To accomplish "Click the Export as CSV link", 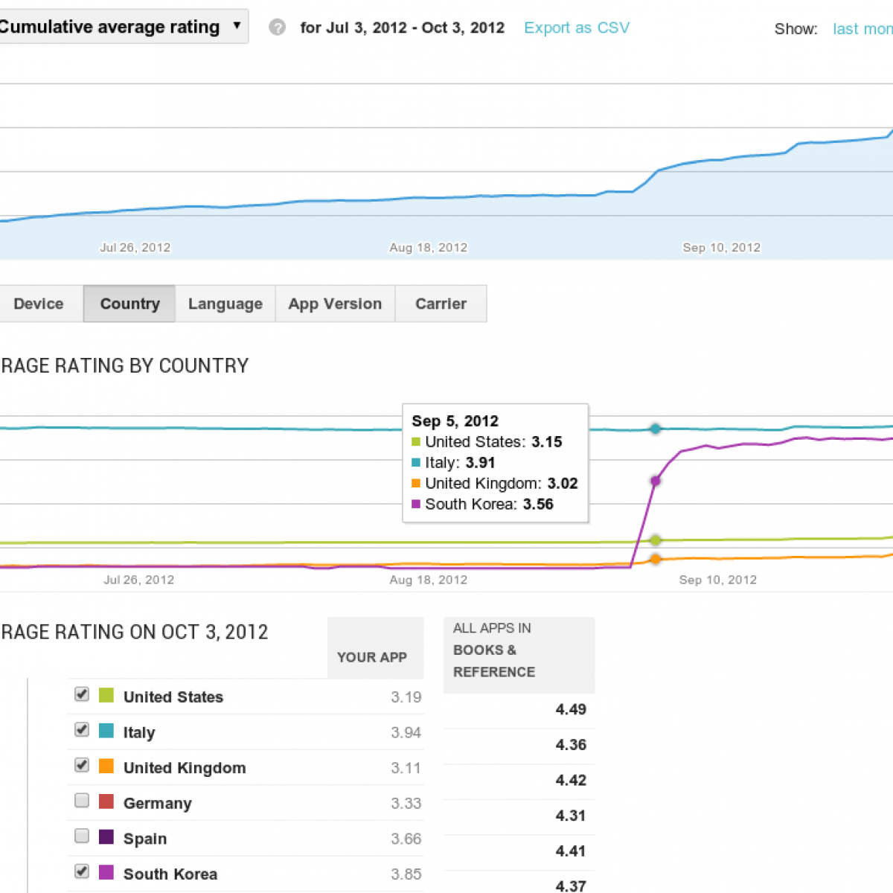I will (x=577, y=28).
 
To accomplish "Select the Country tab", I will (x=129, y=304).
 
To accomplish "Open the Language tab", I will (x=225, y=304).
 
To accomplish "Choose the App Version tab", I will (x=335, y=304).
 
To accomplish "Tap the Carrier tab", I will (x=441, y=304).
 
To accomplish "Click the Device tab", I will (x=39, y=304).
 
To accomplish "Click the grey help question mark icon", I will (x=277, y=28).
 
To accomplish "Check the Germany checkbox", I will (x=82, y=801).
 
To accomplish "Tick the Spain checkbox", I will (x=82, y=836).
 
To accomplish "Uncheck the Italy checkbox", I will (x=82, y=730).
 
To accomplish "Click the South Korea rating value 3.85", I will (x=406, y=874).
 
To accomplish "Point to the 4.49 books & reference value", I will (x=571, y=709).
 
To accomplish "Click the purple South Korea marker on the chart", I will (x=655, y=481).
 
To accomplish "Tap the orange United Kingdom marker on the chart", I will (x=656, y=559).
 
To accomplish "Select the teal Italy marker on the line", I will (x=656, y=429).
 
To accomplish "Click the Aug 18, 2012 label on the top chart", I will (x=428, y=248).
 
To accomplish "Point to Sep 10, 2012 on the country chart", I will (x=717, y=580).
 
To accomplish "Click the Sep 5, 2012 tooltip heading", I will (x=455, y=421).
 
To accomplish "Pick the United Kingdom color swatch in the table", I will (x=106, y=766).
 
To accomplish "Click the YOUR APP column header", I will (x=371, y=657).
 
